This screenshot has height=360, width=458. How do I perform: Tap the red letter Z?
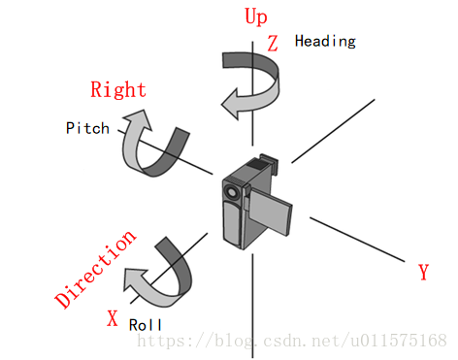point(273,43)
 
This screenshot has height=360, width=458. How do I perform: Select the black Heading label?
point(325,41)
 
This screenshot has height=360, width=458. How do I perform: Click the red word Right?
point(118,90)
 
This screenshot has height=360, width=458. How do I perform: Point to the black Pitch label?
point(87,127)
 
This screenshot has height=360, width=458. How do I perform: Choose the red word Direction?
point(95,270)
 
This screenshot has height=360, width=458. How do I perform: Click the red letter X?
point(113,317)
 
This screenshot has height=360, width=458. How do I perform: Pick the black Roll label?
point(146,325)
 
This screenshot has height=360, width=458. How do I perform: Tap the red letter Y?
point(423,273)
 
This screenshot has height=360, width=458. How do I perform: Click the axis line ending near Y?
point(359,238)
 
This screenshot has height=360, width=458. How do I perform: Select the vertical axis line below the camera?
point(252,301)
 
